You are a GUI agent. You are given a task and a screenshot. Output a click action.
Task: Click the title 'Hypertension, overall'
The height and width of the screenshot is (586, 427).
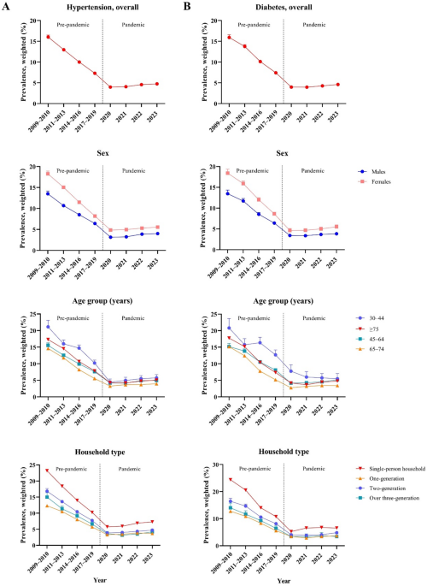coord(90,9)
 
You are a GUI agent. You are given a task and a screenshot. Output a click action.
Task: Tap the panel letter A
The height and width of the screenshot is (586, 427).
coord(6,6)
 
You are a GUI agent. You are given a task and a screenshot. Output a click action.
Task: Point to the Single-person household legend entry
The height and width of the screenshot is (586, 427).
coord(393,468)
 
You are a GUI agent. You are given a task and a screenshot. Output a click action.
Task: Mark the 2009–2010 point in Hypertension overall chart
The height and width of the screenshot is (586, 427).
coord(48,37)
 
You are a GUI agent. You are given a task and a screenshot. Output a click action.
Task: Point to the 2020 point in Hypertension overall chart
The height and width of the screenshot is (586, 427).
coord(111,87)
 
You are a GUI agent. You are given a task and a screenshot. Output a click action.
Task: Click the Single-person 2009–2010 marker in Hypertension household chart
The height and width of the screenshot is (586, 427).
coord(48,471)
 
